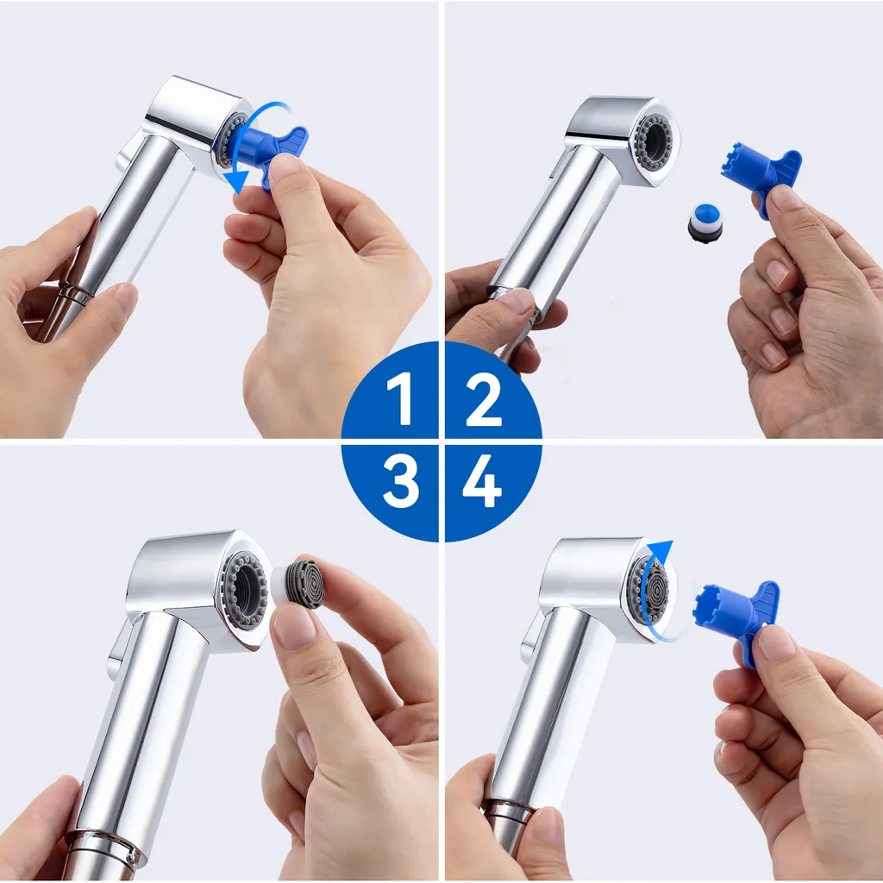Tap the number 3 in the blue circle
coord(400,480)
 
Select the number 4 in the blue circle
coord(482,480)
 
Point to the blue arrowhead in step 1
coord(237,180)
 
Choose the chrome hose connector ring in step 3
coord(104,847)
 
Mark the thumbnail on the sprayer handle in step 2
coord(517,301)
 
